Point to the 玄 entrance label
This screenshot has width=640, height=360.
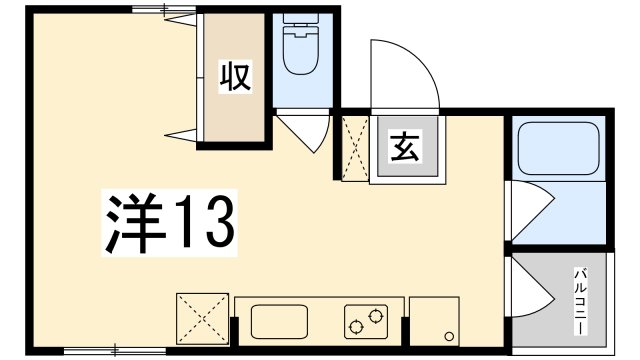click(x=405, y=147)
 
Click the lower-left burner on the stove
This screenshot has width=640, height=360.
click(x=356, y=326)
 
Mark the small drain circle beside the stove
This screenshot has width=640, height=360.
click(x=449, y=335)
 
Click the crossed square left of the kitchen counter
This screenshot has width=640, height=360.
click(x=199, y=318)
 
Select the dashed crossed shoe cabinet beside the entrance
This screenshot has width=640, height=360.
click(x=355, y=147)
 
